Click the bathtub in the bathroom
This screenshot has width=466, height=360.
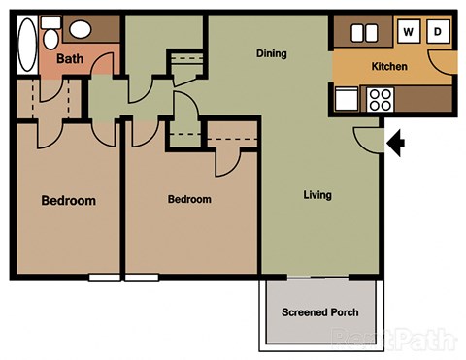[x=26, y=45]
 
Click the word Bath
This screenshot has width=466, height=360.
[x=70, y=59]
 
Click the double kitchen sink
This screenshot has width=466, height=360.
[x=365, y=33]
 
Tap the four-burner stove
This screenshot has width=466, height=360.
[x=378, y=98]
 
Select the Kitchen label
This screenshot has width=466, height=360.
[x=388, y=67]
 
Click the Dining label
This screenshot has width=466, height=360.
[x=271, y=53]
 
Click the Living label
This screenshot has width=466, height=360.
[x=316, y=195]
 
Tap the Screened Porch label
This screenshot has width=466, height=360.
[x=319, y=312]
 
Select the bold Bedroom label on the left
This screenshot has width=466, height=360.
[x=68, y=201]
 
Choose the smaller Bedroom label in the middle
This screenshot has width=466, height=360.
[x=189, y=200]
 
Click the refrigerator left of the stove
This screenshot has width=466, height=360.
[x=346, y=98]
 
